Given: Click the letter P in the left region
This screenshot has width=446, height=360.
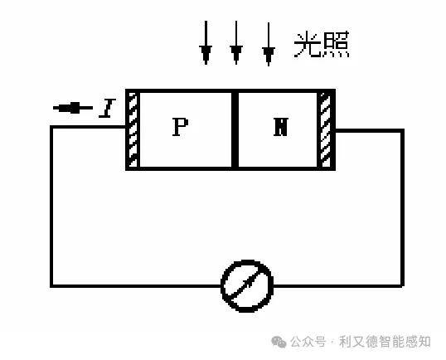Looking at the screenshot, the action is (x=181, y=127).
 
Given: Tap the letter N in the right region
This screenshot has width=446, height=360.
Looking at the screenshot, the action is (x=281, y=127).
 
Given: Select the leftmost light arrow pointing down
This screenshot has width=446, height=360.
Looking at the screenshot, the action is (x=206, y=42).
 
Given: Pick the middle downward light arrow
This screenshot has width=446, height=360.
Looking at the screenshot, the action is (x=236, y=42).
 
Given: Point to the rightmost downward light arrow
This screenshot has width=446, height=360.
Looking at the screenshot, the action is (x=269, y=45).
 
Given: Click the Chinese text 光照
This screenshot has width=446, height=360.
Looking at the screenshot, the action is (x=322, y=45).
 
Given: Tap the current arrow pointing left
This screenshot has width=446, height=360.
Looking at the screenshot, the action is (x=73, y=108).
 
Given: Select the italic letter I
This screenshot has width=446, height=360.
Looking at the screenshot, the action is (x=107, y=108).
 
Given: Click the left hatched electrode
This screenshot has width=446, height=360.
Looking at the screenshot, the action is (x=133, y=129).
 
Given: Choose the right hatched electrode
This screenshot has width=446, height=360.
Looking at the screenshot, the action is (x=326, y=129).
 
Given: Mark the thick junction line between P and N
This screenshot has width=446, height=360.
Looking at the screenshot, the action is (x=235, y=129).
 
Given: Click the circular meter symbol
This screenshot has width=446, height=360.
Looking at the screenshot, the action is (x=247, y=285).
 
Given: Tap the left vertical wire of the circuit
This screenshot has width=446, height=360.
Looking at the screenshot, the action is (x=51, y=207).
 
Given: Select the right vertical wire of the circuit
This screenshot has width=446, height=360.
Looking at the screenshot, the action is (x=403, y=207).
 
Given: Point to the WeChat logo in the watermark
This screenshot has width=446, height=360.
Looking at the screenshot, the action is (x=279, y=342).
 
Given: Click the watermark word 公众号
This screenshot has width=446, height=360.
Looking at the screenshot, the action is (x=308, y=342).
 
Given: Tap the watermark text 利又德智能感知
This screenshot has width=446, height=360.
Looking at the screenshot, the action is (x=385, y=342).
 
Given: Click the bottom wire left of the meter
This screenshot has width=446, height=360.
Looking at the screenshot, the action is (x=136, y=285).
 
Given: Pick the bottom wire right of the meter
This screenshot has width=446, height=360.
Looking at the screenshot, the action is (x=338, y=285).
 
